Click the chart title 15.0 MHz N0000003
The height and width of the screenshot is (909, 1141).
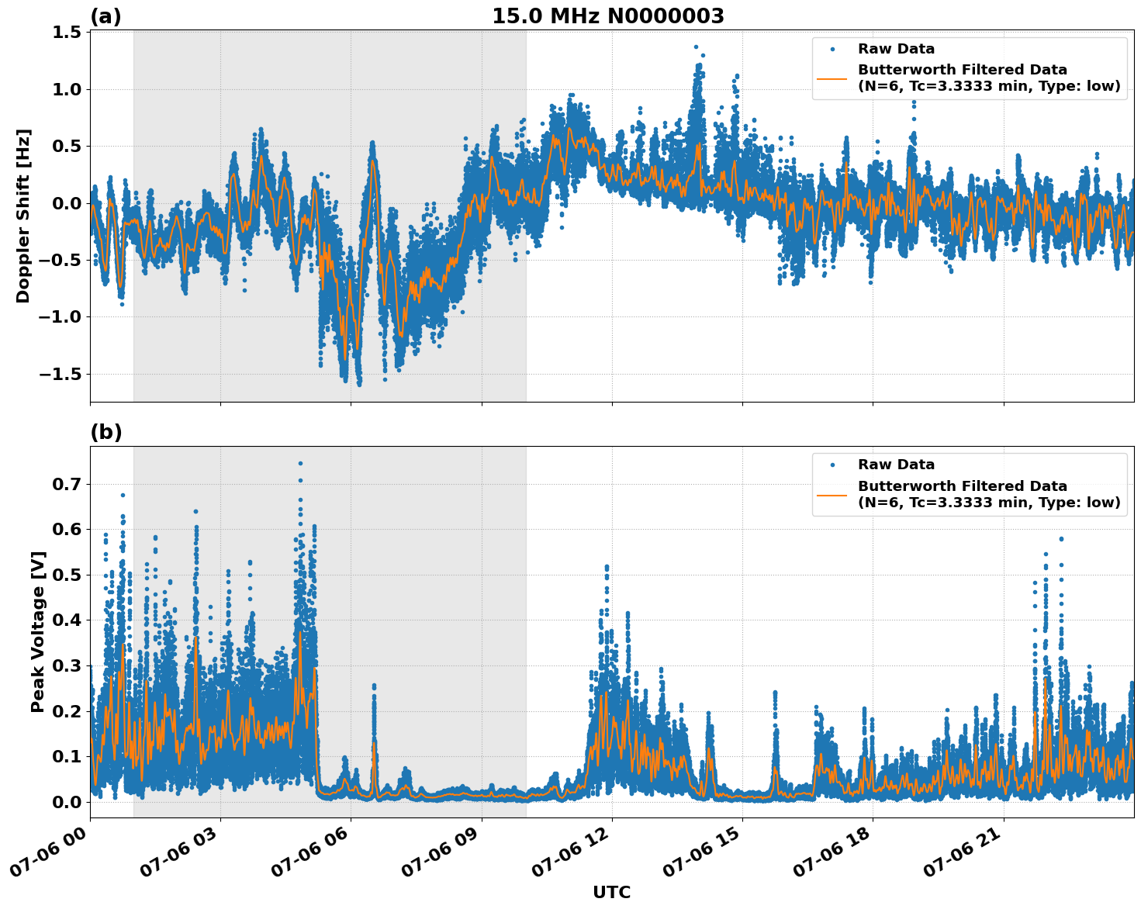(x=607, y=16)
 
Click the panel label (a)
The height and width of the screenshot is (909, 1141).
(x=105, y=16)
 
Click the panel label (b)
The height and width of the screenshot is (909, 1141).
(x=105, y=432)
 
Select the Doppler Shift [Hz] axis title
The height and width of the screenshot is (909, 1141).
(x=23, y=216)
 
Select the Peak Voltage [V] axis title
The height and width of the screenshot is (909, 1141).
(x=38, y=631)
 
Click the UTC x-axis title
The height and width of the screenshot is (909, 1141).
(x=611, y=892)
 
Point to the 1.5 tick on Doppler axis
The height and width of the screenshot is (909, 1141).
(x=67, y=33)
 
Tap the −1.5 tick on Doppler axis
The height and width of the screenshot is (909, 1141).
(x=61, y=374)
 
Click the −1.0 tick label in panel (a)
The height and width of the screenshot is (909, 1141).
(x=61, y=317)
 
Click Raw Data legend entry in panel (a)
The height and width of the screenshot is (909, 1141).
(x=896, y=50)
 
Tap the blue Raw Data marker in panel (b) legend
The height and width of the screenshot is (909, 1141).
(x=832, y=465)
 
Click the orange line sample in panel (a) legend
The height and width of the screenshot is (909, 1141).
(x=832, y=78)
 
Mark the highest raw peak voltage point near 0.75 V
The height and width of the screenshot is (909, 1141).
(x=300, y=463)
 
